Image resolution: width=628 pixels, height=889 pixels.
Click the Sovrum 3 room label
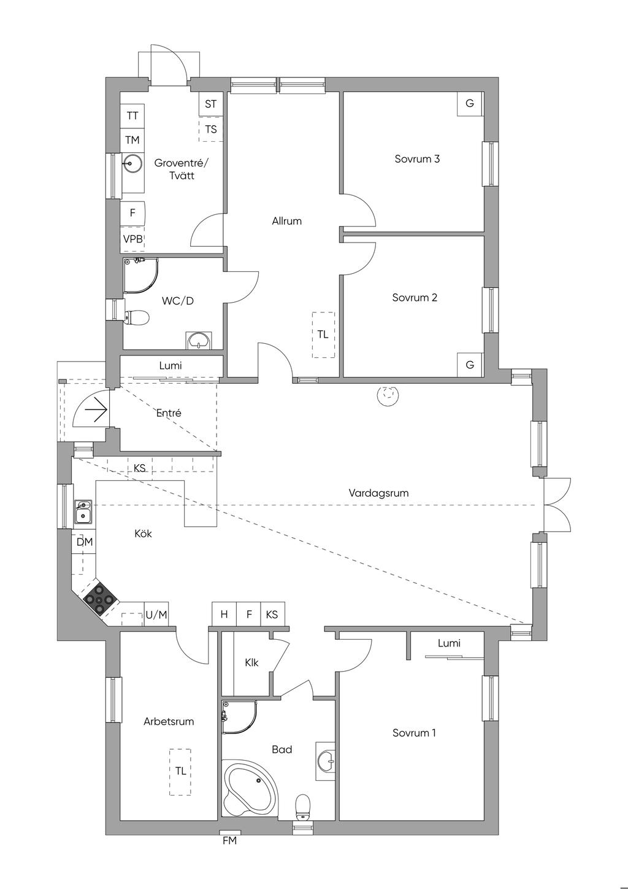click(x=417, y=159)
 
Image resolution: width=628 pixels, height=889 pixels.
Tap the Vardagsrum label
click(x=378, y=493)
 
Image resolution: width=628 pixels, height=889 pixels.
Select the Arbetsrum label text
click(x=169, y=721)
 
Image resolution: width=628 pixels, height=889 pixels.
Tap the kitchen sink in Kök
click(x=83, y=511)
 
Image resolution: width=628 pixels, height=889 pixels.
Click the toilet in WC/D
click(x=137, y=317)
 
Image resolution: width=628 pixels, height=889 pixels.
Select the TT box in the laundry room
click(x=132, y=115)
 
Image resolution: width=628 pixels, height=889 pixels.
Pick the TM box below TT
click(x=132, y=140)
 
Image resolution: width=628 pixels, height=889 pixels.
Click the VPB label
click(x=132, y=239)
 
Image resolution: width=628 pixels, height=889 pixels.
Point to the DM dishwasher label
click(x=85, y=542)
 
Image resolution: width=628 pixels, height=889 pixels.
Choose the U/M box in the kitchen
click(x=156, y=615)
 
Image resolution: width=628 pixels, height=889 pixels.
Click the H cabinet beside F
click(x=224, y=614)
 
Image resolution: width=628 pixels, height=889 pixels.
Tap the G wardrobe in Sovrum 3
click(x=470, y=103)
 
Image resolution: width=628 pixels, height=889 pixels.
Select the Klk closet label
click(x=251, y=663)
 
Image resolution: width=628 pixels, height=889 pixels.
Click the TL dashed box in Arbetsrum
click(x=180, y=771)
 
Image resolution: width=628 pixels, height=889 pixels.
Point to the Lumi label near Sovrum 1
click(x=449, y=643)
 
